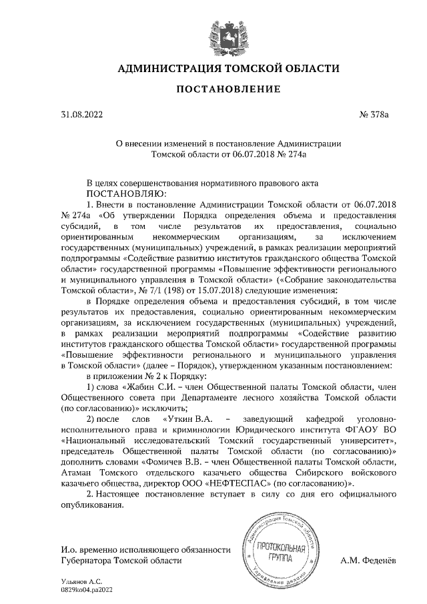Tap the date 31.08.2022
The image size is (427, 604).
82,115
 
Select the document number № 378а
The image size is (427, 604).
374,115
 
